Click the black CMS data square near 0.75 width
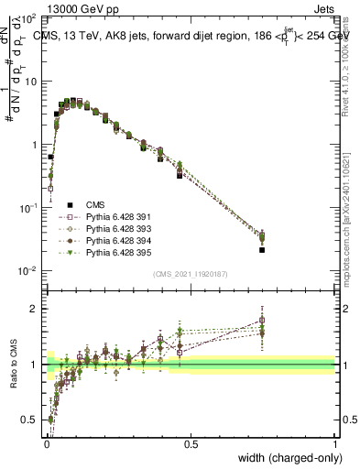pyautogui.click(x=262, y=249)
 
